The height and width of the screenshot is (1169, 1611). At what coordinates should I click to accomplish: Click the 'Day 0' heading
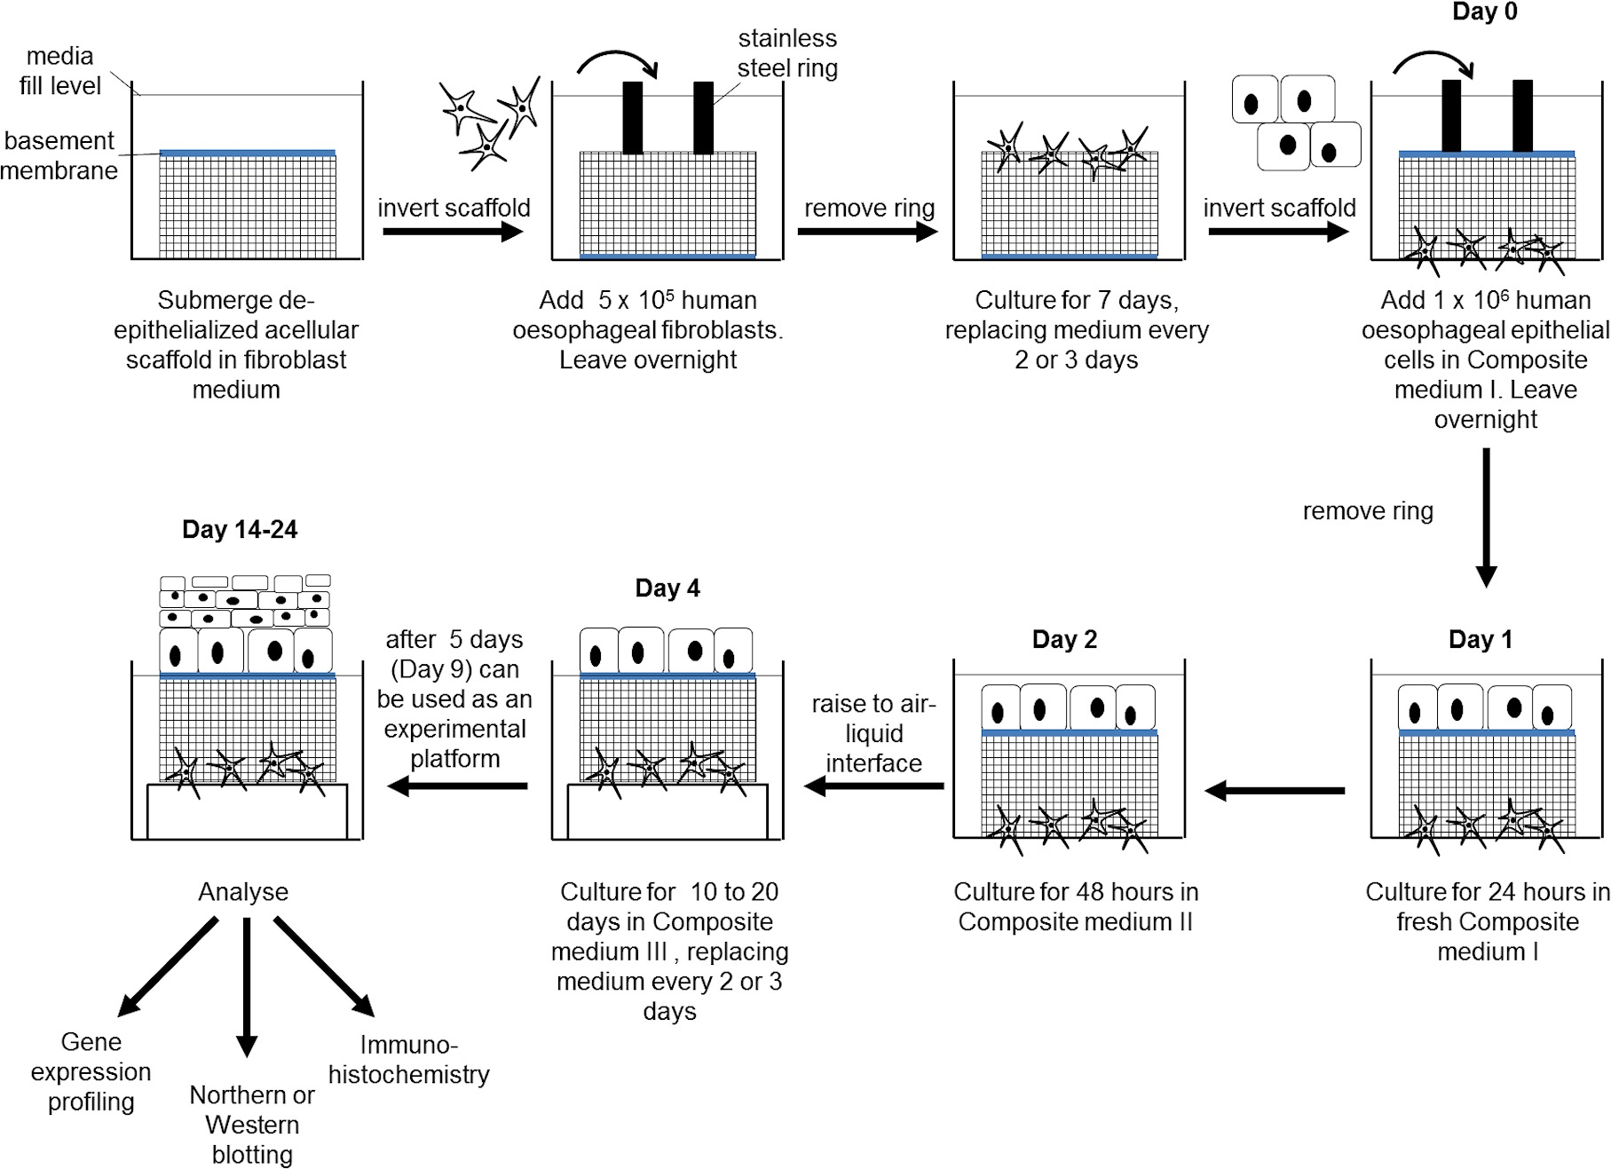pos(1484,12)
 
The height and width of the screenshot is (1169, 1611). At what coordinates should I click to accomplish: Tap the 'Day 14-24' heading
pos(240,530)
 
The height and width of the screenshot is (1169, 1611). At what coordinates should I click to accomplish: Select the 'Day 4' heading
pos(667,588)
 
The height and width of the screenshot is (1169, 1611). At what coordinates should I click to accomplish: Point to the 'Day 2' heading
pos(1064,640)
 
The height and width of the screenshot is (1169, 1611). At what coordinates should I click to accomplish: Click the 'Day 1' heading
pos(1480,640)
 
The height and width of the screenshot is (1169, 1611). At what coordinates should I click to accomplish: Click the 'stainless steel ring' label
pos(787,53)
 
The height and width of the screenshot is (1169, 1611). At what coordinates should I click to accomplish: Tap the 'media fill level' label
pos(60,71)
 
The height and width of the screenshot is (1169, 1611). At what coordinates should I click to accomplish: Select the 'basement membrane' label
pos(59,155)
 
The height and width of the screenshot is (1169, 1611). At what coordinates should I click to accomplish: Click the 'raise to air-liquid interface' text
pos(873,733)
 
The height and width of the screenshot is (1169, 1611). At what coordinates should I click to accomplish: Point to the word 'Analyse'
pos(243,892)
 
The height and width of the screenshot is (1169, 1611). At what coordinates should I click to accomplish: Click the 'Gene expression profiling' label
pos(91,1071)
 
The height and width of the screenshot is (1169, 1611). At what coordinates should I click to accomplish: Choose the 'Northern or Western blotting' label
pos(252,1125)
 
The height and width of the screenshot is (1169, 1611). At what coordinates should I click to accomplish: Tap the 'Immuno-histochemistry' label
pos(408,1060)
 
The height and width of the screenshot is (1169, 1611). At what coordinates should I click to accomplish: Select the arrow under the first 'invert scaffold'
pos(453,233)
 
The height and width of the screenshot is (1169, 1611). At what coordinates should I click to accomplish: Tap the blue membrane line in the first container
pos(248,154)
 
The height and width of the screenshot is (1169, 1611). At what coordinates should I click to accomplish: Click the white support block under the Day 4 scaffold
pos(667,811)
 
